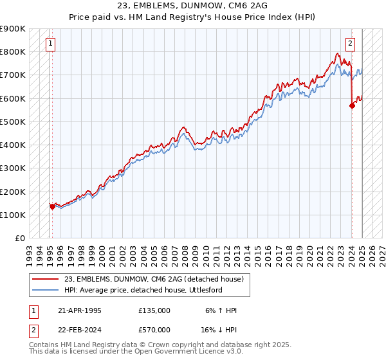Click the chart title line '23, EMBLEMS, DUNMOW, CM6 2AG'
point(192,5)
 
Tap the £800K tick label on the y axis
point(13,52)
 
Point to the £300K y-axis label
point(13,168)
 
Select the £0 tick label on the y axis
point(19,239)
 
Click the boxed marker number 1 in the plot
point(50,44)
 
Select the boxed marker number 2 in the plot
point(350,44)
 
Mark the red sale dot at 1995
point(53,207)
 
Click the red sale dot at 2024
point(353,106)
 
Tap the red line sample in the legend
point(46,279)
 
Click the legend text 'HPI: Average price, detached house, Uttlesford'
point(153,290)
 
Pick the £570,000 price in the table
point(154,329)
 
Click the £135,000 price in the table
point(154,310)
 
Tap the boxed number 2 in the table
point(33,329)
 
